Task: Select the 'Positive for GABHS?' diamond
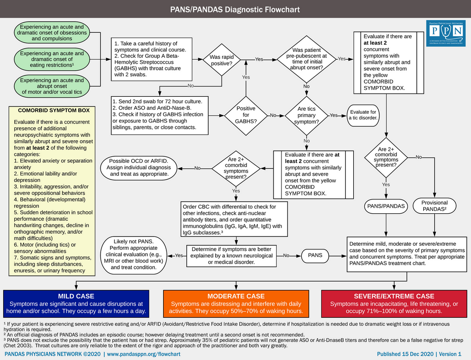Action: pyautogui.click(x=246, y=115)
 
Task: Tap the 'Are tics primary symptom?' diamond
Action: pyautogui.click(x=306, y=115)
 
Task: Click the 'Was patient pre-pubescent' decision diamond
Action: pyautogui.click(x=306, y=59)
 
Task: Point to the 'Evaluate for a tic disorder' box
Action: pyautogui.click(x=363, y=115)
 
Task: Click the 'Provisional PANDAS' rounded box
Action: pyautogui.click(x=434, y=205)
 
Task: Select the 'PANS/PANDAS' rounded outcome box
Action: pyautogui.click(x=386, y=205)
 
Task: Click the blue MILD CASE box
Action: pyautogui.click(x=76, y=303)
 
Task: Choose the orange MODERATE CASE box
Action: pyautogui.click(x=236, y=303)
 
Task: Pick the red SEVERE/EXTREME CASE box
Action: pyautogui.click(x=394, y=303)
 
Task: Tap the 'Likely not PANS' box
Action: pyautogui.click(x=137, y=254)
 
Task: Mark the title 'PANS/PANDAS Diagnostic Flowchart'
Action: pyautogui.click(x=235, y=9)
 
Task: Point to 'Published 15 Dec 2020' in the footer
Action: pyautogui.click(x=406, y=354)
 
